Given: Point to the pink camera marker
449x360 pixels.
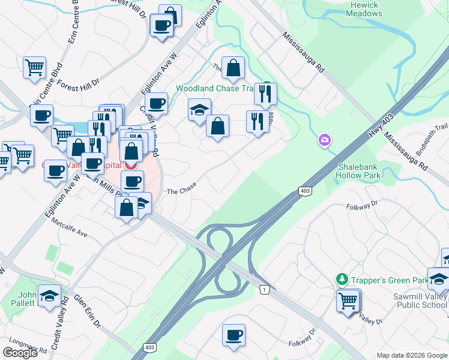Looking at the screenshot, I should pyautogui.click(x=324, y=140).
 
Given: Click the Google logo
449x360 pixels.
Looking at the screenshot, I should pyautogui.click(x=20, y=353).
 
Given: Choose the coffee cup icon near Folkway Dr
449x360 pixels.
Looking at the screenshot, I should pyautogui.click(x=234, y=335).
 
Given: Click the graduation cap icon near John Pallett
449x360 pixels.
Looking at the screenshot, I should pyautogui.click(x=49, y=295).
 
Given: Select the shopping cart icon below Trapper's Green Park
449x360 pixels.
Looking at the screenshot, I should pyautogui.click(x=348, y=299).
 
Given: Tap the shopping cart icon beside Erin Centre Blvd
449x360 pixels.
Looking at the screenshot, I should pyautogui.click(x=35, y=67).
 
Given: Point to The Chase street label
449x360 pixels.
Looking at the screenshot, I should pyautogui.click(x=181, y=191).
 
